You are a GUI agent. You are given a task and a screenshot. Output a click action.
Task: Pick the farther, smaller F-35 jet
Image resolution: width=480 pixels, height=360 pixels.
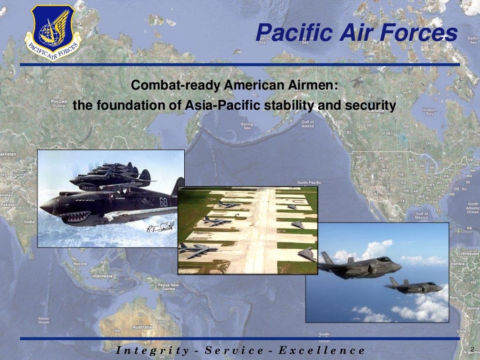click(413, 286)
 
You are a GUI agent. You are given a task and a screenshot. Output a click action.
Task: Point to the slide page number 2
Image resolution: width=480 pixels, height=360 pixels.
click(472, 347)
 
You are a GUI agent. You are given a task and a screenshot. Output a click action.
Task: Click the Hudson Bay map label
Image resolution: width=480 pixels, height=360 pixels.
click(429, 112)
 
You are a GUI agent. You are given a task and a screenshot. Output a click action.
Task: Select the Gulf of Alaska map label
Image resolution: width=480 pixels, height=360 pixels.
click(307, 124)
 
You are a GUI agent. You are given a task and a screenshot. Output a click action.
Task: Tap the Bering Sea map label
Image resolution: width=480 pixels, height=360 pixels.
click(247, 126)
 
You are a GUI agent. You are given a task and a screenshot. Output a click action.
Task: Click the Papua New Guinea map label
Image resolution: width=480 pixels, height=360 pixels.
click(167, 287)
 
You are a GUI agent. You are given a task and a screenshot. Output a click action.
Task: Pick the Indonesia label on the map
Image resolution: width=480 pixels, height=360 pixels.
click(102, 276)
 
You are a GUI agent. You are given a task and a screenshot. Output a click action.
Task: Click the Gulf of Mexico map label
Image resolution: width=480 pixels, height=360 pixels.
click(421, 216)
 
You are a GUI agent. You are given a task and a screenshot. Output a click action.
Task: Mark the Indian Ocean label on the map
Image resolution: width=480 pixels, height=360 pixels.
click(44, 320)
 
